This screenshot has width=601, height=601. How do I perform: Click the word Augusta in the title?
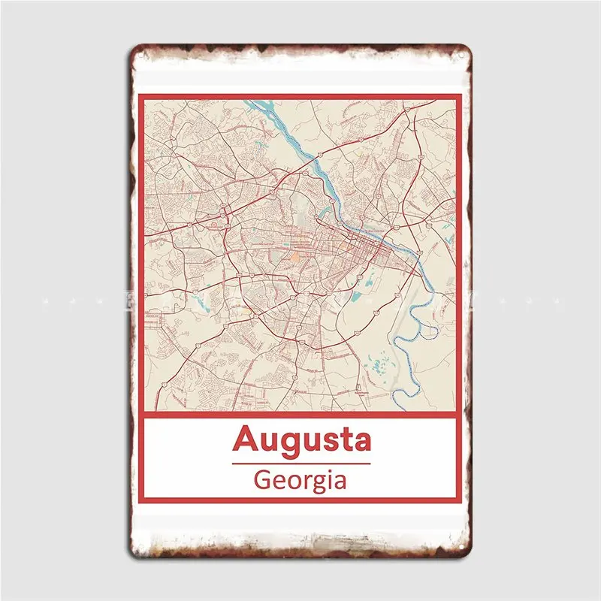pos(302,439)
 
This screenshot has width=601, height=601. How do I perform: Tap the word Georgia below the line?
pos(300,479)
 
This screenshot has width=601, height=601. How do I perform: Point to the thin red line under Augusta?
pos(301,463)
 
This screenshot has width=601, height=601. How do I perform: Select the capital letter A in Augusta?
pos(245,439)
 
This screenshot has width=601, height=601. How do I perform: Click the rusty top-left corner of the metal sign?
pos(136,51)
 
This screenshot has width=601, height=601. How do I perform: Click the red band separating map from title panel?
pos(300,415)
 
